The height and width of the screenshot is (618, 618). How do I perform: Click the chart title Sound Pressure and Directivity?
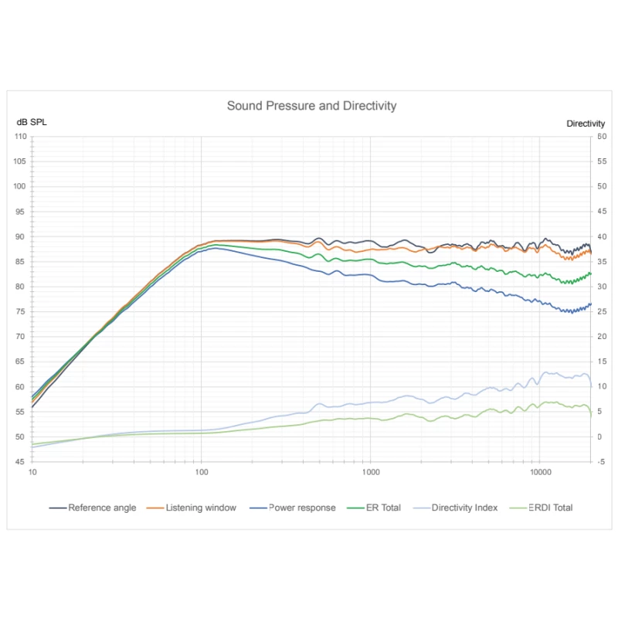pos(311,106)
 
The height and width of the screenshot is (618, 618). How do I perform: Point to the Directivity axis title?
pos(586,124)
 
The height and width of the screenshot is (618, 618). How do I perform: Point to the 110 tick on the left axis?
pos(21,137)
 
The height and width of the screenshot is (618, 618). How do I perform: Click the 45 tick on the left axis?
pos(22,462)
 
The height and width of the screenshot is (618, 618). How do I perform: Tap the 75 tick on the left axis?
pos(22,312)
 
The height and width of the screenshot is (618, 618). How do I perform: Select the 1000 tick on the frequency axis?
pos(371,471)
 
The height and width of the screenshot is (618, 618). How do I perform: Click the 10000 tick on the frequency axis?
pos(540,471)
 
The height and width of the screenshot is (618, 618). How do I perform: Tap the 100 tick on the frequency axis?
pos(202,471)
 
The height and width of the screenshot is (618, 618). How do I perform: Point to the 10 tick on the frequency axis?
pos(32,471)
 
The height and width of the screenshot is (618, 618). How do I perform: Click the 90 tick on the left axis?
pos(22,237)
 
